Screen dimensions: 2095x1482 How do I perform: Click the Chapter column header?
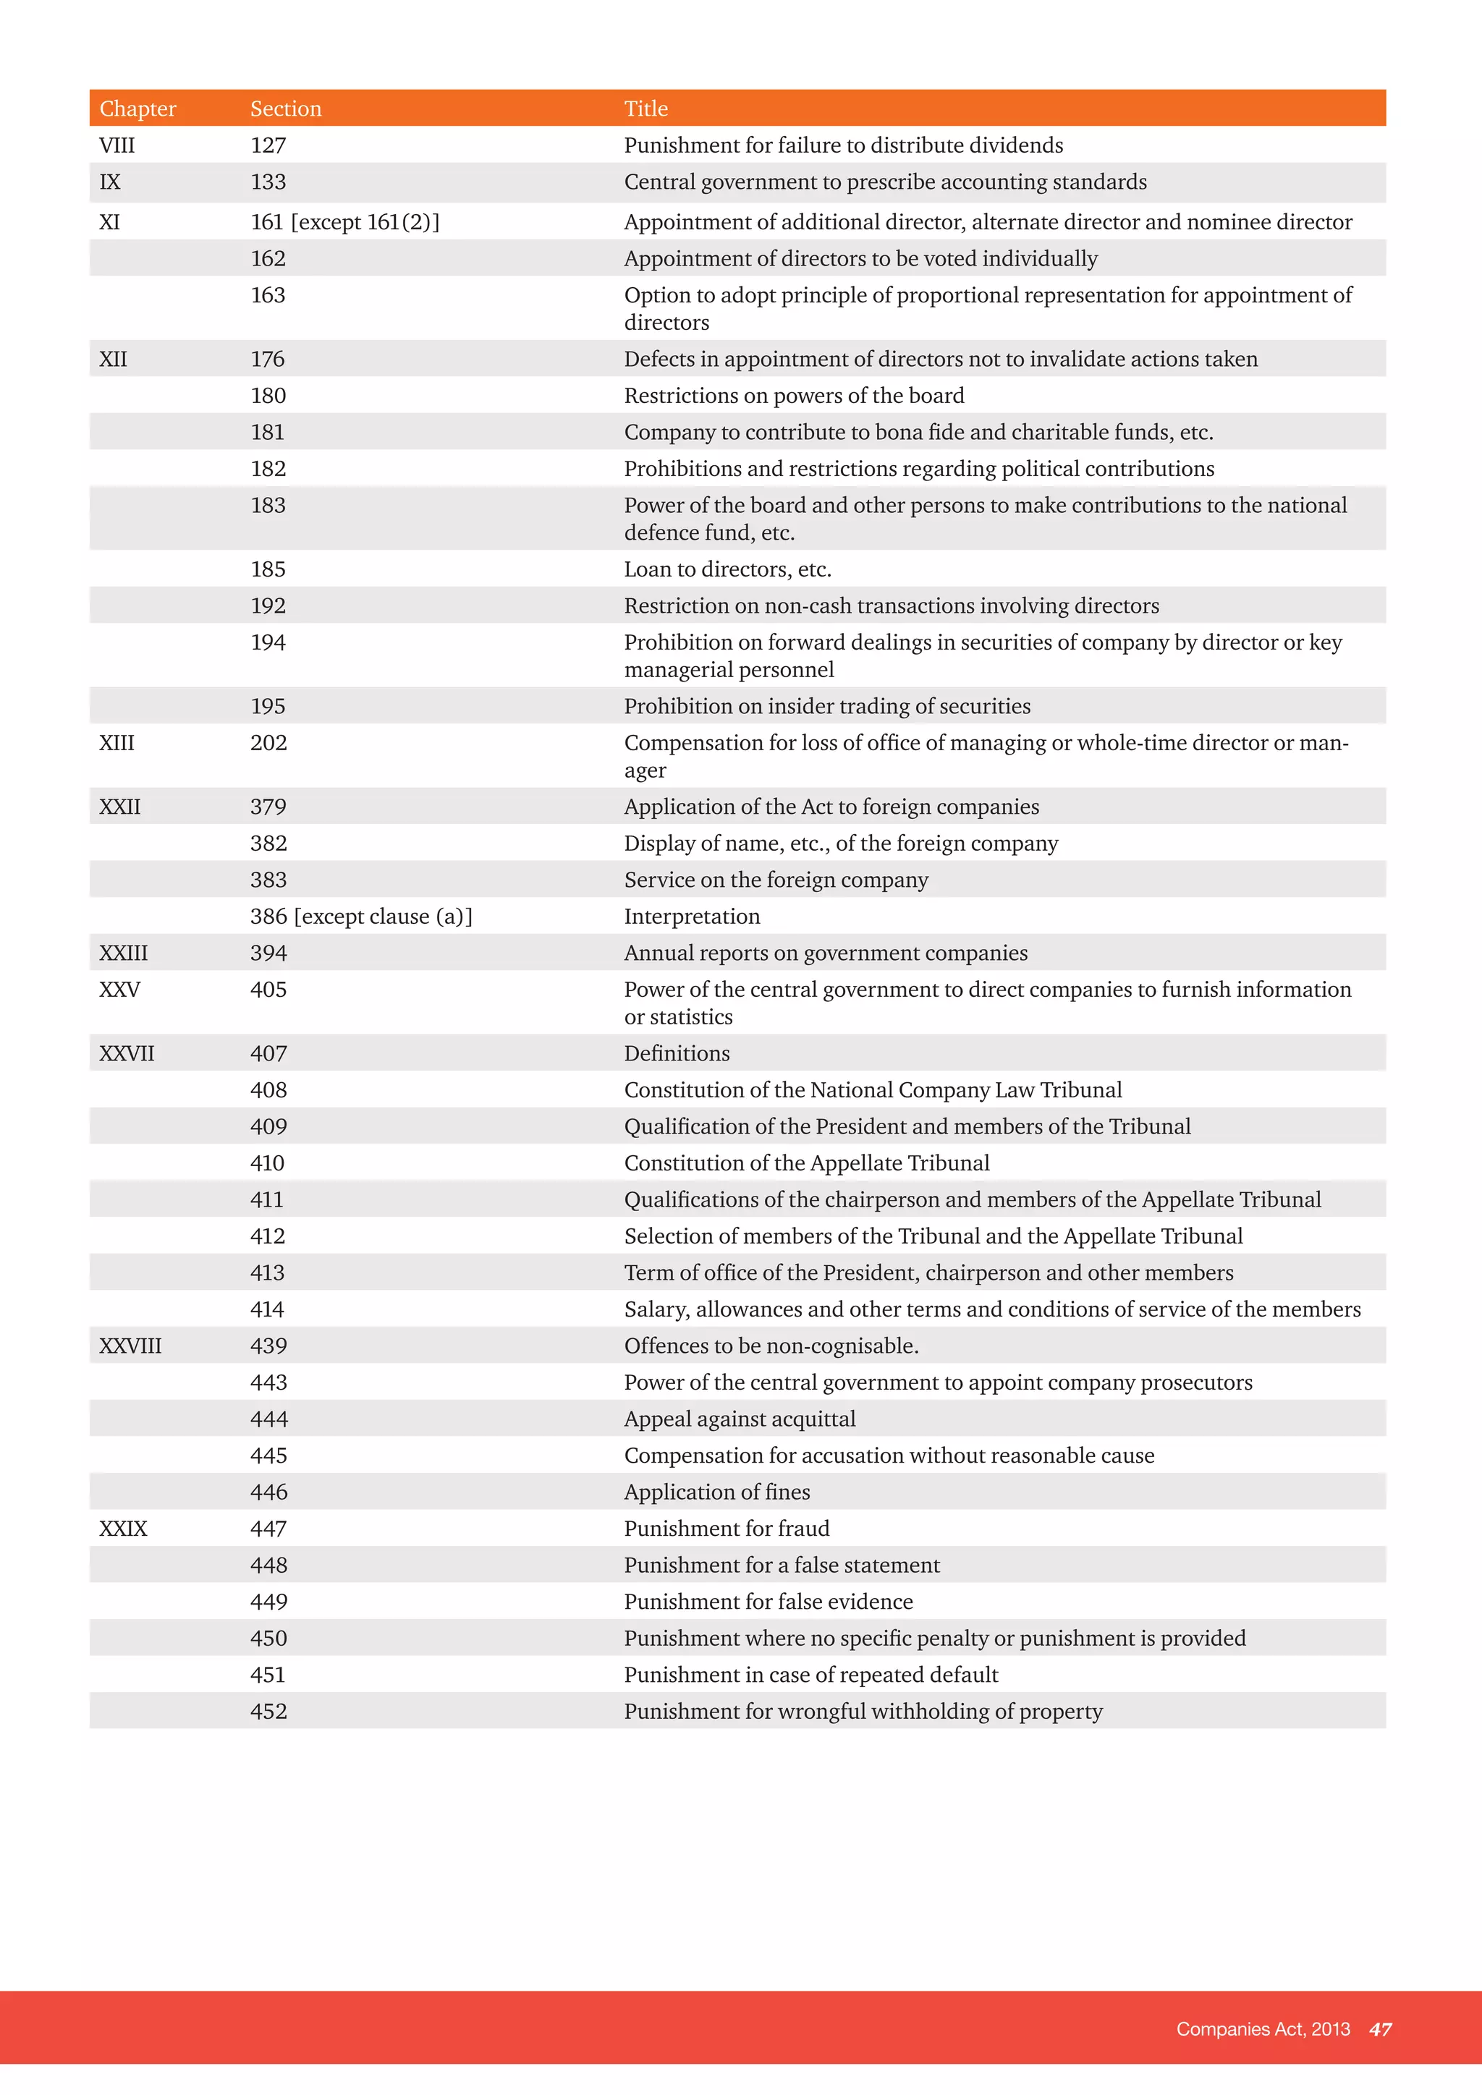(x=137, y=109)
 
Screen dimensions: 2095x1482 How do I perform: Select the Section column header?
(x=286, y=109)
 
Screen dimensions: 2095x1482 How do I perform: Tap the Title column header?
(x=646, y=109)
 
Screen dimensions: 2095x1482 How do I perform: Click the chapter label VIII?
(x=117, y=145)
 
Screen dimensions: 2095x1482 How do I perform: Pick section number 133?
(x=268, y=182)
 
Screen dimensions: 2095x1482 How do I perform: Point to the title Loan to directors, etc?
(x=727, y=569)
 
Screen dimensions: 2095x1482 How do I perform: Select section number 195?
(x=268, y=706)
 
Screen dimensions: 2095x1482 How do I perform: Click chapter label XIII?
(x=117, y=743)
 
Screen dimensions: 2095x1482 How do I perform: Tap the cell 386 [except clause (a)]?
(x=361, y=916)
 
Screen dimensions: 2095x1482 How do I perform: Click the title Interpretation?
(x=692, y=916)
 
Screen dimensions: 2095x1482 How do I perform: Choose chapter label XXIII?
(x=123, y=953)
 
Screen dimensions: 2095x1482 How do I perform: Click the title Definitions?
(x=676, y=1053)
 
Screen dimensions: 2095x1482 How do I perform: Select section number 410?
(x=267, y=1163)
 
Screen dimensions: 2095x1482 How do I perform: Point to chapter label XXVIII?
(x=130, y=1346)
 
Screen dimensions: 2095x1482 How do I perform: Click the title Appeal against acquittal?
(x=739, y=1419)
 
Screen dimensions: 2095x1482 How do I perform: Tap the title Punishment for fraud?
(x=727, y=1529)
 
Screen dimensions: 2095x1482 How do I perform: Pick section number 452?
(x=268, y=1711)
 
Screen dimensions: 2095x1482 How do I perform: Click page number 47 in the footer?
(x=1380, y=2029)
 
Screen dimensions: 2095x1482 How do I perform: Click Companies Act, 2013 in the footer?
(x=1262, y=2029)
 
